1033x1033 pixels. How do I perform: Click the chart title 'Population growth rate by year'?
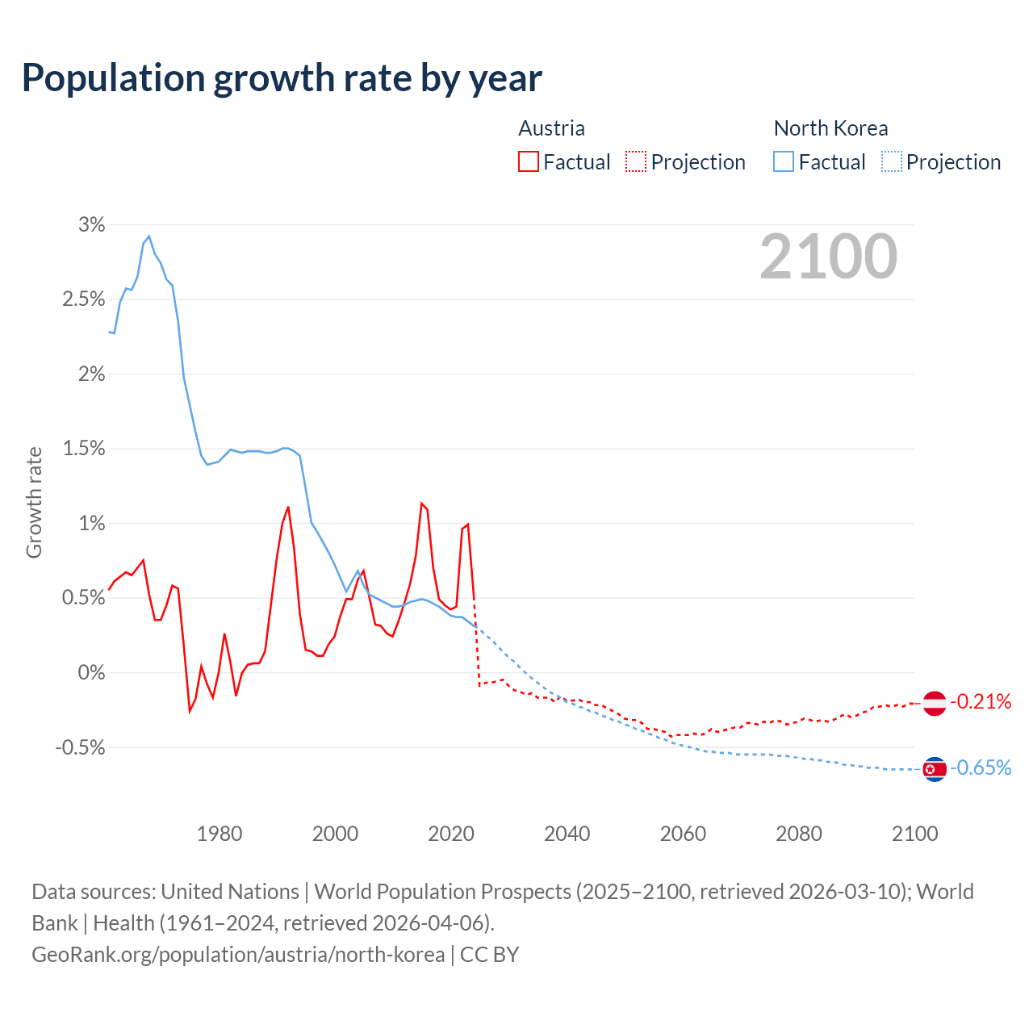pyautogui.click(x=282, y=78)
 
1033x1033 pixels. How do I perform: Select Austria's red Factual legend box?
pyautogui.click(x=529, y=162)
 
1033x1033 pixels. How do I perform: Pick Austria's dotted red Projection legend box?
pyautogui.click(x=636, y=162)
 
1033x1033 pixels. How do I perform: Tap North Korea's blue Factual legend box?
pyautogui.click(x=784, y=162)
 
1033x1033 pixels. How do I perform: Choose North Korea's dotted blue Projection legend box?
pyautogui.click(x=892, y=162)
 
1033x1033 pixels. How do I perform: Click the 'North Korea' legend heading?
pyautogui.click(x=830, y=128)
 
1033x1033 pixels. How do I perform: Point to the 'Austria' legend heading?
pyautogui.click(x=551, y=128)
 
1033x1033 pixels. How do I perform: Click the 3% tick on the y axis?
pyautogui.click(x=91, y=225)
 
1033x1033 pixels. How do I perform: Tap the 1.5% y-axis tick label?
pyautogui.click(x=84, y=449)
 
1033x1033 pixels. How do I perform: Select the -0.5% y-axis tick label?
pyautogui.click(x=80, y=747)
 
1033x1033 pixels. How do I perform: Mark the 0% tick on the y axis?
pyautogui.click(x=91, y=673)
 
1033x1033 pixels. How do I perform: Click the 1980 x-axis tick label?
pyautogui.click(x=220, y=834)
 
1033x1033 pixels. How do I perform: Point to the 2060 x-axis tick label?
pyautogui.click(x=683, y=834)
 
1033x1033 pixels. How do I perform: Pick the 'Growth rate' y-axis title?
pyautogui.click(x=34, y=502)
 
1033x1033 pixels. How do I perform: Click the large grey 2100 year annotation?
pyautogui.click(x=828, y=257)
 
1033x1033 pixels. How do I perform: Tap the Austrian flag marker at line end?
pyautogui.click(x=934, y=703)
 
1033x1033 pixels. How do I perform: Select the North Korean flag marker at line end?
pyautogui.click(x=934, y=769)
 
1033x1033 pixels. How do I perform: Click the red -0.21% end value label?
pyautogui.click(x=981, y=702)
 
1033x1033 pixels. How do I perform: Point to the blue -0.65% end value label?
pyautogui.click(x=981, y=767)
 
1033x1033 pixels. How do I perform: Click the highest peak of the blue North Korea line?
pyautogui.click(x=149, y=236)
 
